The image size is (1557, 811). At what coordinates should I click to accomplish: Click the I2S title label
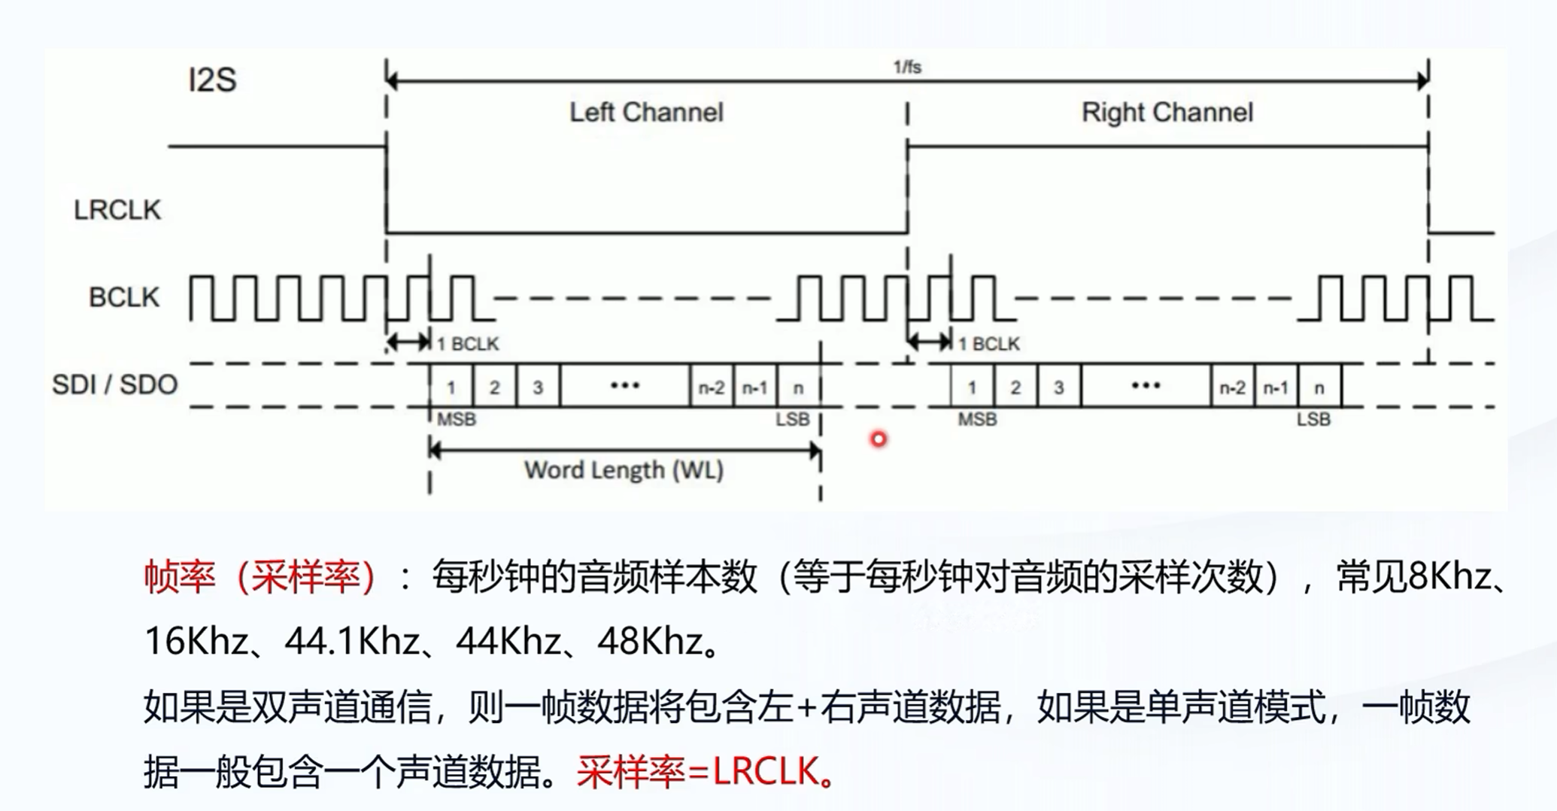[212, 80]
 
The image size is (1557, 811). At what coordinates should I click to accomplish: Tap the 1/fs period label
[906, 67]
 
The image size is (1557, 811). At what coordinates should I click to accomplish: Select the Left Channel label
[645, 113]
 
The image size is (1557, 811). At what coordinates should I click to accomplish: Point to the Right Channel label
[1167, 113]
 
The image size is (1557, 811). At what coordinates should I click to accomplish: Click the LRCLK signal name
[117, 210]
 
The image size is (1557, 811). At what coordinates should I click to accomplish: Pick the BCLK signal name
[124, 297]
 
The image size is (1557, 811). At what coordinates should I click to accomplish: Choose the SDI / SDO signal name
[114, 384]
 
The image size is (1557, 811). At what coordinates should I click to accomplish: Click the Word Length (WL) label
[624, 470]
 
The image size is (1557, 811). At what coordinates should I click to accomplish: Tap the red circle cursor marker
[879, 439]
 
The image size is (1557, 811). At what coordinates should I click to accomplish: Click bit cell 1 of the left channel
[451, 387]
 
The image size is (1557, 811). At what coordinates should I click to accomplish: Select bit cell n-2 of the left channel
[712, 387]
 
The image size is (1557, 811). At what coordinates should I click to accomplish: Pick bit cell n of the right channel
[1319, 387]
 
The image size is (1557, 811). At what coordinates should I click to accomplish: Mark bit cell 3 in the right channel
[1058, 387]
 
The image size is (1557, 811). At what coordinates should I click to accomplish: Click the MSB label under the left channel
[456, 419]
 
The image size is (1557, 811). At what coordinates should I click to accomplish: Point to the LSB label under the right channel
[1313, 419]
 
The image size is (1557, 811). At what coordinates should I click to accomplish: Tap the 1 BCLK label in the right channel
[988, 344]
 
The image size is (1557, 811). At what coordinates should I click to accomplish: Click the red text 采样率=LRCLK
[705, 772]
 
